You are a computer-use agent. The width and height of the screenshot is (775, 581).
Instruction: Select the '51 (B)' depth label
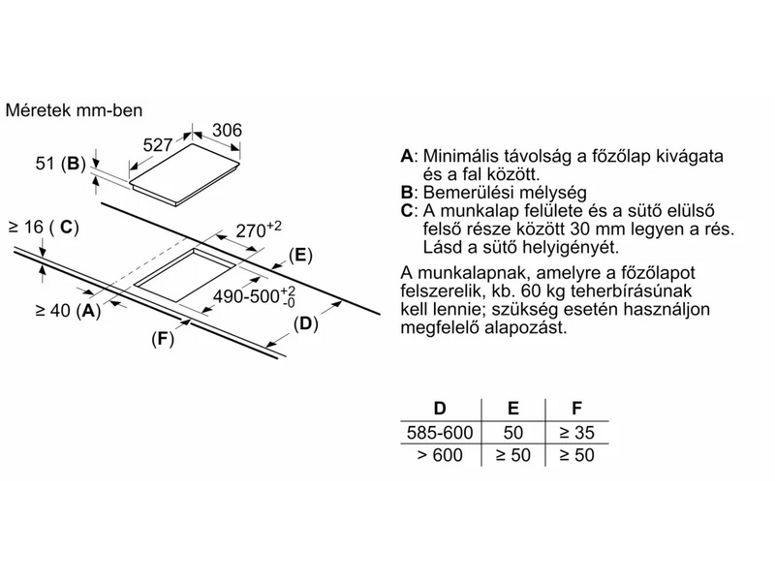pyautogui.click(x=60, y=163)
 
